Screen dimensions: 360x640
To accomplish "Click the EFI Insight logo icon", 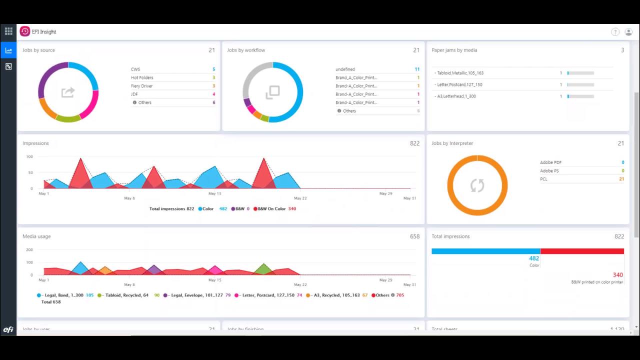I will click(24, 31).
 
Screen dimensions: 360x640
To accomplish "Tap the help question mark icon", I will click(615, 32).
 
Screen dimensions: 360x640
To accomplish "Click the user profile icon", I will click(628, 32).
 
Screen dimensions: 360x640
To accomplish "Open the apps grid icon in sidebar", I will click(8, 31).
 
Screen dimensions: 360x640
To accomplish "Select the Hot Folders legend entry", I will click(142, 77).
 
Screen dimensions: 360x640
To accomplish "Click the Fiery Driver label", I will click(141, 86).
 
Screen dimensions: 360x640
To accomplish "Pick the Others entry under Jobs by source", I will click(144, 102).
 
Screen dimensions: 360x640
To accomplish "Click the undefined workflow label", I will click(345, 69).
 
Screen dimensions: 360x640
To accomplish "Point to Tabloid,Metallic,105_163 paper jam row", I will click(459, 73).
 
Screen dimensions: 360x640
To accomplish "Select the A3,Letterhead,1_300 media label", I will click(456, 96).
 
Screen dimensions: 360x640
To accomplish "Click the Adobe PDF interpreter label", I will click(550, 162).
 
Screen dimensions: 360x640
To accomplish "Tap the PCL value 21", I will click(621, 179).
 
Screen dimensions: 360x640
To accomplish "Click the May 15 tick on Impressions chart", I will click(214, 193).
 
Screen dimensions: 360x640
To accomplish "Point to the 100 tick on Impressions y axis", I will click(29, 156).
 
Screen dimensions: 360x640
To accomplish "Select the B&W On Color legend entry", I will click(271, 208).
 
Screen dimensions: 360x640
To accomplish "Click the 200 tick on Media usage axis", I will click(29, 249).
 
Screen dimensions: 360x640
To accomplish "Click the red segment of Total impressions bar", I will click(582, 251).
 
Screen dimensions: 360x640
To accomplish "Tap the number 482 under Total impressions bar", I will click(533, 258).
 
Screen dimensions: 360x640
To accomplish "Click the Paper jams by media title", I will click(454, 50).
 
